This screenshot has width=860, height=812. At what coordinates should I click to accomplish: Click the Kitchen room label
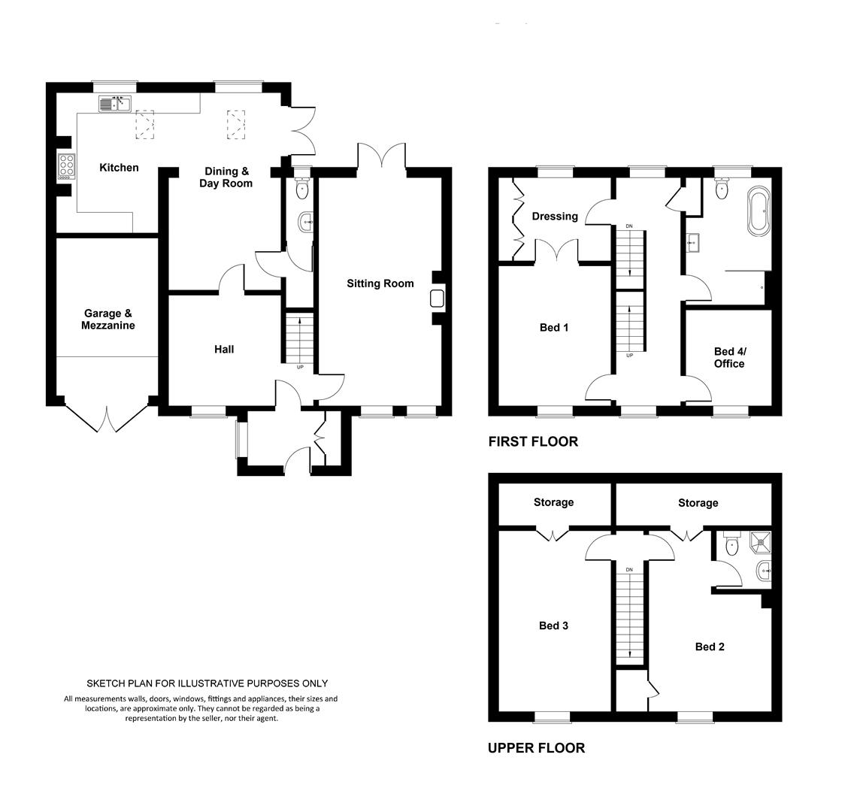pyautogui.click(x=119, y=168)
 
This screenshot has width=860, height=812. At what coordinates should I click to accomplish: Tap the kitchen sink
pyautogui.click(x=114, y=103)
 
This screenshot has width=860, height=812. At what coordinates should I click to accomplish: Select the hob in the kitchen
pyautogui.click(x=66, y=166)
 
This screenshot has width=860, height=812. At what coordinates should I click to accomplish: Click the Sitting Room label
pyautogui.click(x=380, y=283)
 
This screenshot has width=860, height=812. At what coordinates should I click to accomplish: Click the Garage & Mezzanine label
pyautogui.click(x=108, y=320)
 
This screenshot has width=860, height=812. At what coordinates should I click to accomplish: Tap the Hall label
pyautogui.click(x=224, y=349)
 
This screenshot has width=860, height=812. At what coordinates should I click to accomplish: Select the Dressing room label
pyautogui.click(x=555, y=217)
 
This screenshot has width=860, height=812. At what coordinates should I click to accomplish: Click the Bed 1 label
pyautogui.click(x=554, y=328)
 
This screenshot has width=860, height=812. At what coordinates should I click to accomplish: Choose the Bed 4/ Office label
pyautogui.click(x=729, y=358)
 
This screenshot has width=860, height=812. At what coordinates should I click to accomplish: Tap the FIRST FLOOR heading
pyautogui.click(x=533, y=441)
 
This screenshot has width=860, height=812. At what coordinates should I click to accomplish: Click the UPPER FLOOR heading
pyautogui.click(x=537, y=748)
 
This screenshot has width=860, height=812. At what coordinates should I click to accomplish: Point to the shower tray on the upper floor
pyautogui.click(x=760, y=542)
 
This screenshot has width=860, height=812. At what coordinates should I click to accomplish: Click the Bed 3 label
pyautogui.click(x=553, y=626)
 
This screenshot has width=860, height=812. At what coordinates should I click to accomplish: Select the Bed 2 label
pyautogui.click(x=710, y=647)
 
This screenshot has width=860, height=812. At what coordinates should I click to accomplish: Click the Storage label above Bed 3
pyautogui.click(x=553, y=502)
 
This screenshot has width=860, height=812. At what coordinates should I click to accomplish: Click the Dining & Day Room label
pyautogui.click(x=226, y=177)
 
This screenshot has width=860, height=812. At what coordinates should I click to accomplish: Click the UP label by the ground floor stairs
pyautogui.click(x=300, y=367)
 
